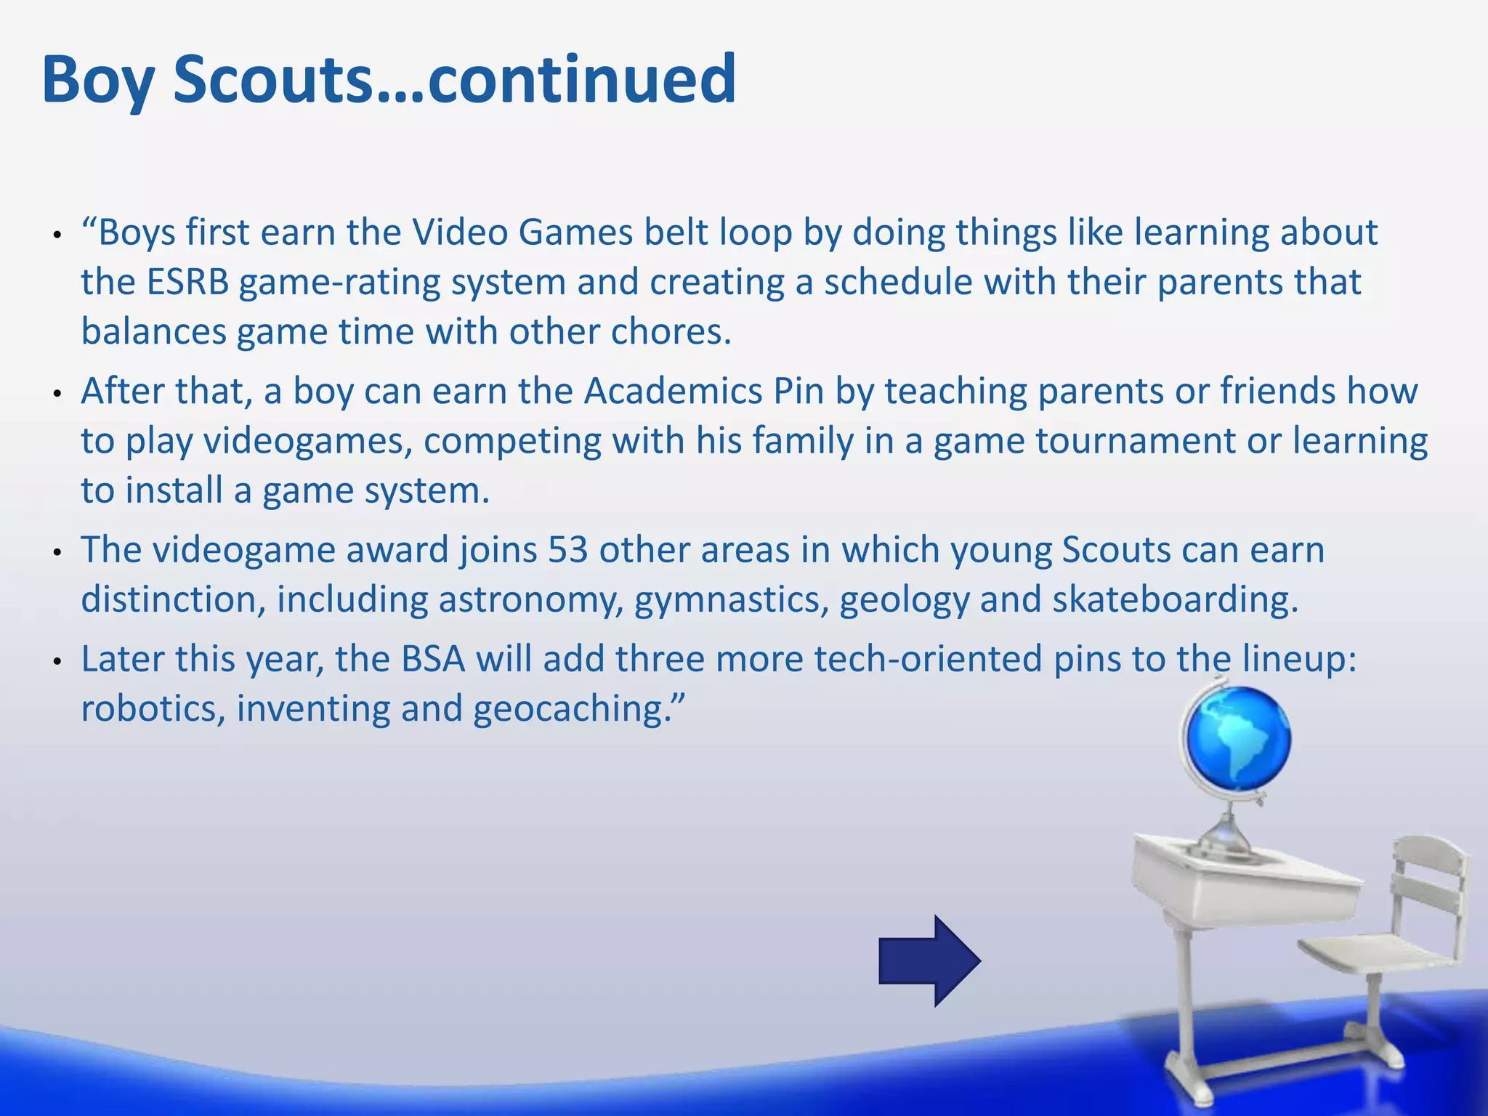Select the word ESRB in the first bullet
(187, 282)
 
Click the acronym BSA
(433, 659)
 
